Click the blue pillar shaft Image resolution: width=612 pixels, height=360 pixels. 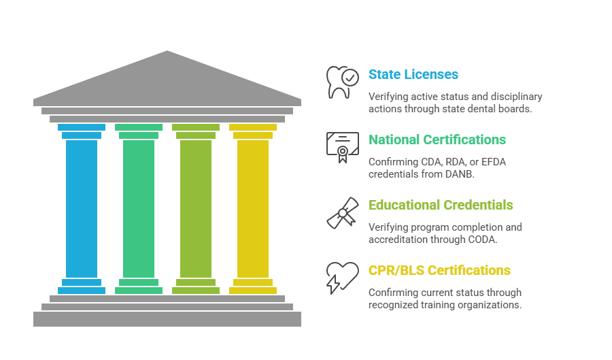82,208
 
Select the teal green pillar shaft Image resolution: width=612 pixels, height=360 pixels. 139,208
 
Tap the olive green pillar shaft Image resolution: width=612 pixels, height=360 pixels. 196,208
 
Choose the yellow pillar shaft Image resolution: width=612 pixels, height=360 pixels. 253,208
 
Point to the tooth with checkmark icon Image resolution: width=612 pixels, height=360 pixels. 342,82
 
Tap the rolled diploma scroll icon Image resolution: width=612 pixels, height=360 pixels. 342,212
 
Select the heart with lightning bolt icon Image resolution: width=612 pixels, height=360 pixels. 342,277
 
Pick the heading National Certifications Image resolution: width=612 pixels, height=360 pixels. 437,140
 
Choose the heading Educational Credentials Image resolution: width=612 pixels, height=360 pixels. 441,205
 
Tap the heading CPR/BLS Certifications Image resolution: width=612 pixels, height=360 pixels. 439,270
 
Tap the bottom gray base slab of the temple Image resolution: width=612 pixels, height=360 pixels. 167,319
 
